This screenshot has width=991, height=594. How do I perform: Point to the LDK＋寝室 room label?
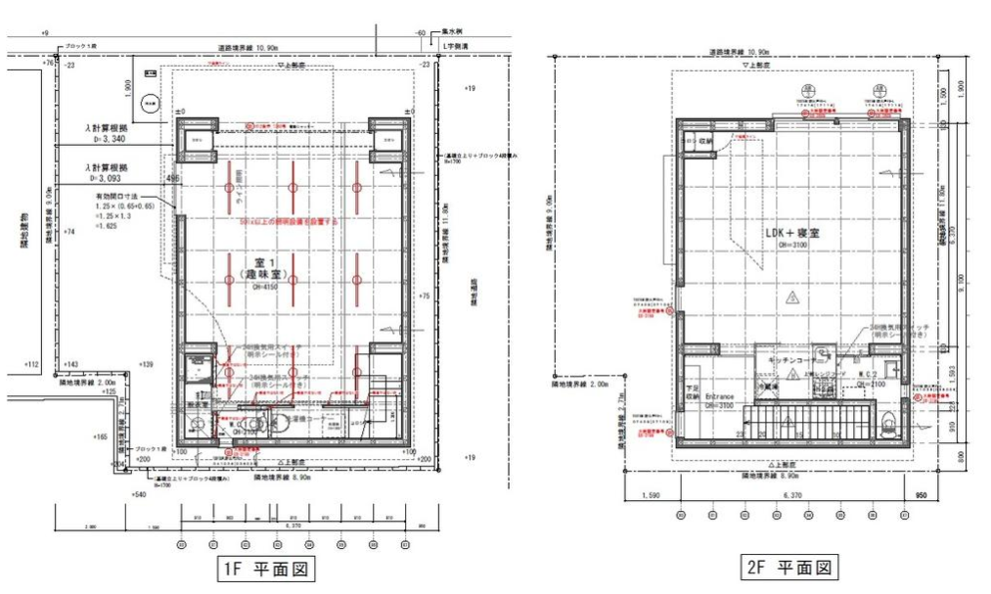coord(791,235)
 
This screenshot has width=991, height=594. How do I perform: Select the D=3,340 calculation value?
coord(111,153)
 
